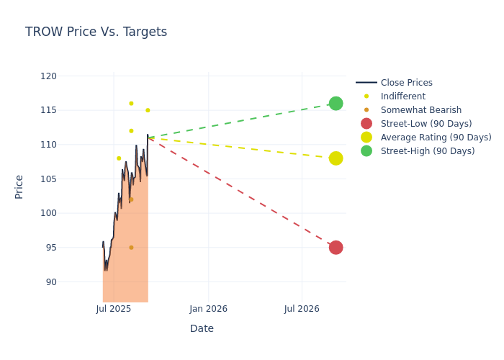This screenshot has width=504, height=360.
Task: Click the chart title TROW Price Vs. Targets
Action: (96, 32)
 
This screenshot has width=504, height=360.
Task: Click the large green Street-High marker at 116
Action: (336, 104)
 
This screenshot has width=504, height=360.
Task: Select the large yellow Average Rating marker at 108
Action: (336, 158)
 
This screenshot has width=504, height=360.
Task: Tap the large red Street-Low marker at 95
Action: (336, 248)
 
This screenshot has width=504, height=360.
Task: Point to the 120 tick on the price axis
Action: (48, 76)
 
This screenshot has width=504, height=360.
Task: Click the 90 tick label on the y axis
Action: (50, 282)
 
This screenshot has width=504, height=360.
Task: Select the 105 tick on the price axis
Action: (48, 179)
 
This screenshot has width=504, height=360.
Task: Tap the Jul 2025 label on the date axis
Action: (114, 309)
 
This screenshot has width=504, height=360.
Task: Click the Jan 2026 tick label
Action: (208, 309)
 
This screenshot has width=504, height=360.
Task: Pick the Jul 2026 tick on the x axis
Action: (302, 309)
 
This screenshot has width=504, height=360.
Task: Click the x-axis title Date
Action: (202, 328)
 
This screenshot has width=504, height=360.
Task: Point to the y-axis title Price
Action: (19, 186)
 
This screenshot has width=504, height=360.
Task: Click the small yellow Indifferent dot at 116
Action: (131, 104)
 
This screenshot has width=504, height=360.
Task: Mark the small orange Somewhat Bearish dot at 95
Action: (131, 248)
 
